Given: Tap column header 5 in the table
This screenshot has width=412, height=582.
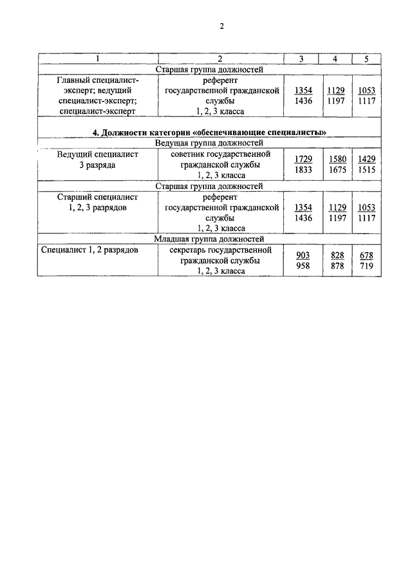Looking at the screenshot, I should pyautogui.click(x=366, y=59).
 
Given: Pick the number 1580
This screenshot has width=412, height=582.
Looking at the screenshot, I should pyautogui.click(x=337, y=159).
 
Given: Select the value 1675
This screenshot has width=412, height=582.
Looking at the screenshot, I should pyautogui.click(x=337, y=170).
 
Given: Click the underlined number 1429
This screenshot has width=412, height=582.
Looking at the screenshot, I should pyautogui.click(x=366, y=159).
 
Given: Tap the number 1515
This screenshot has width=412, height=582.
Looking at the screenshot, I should pyautogui.click(x=366, y=170).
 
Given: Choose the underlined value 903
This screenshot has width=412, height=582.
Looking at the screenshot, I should pyautogui.click(x=303, y=255).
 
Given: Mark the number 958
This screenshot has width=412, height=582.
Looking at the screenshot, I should pyautogui.click(x=303, y=266).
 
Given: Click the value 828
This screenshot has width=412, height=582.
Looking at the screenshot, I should pyautogui.click(x=337, y=255).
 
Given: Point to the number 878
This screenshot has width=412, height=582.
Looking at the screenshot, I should pyautogui.click(x=337, y=266).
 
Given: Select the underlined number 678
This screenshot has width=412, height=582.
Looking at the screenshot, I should pyautogui.click(x=366, y=255).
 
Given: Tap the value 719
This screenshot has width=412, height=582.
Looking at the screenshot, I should pyautogui.click(x=366, y=266).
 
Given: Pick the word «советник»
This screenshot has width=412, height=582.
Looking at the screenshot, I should pyautogui.click(x=192, y=154).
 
